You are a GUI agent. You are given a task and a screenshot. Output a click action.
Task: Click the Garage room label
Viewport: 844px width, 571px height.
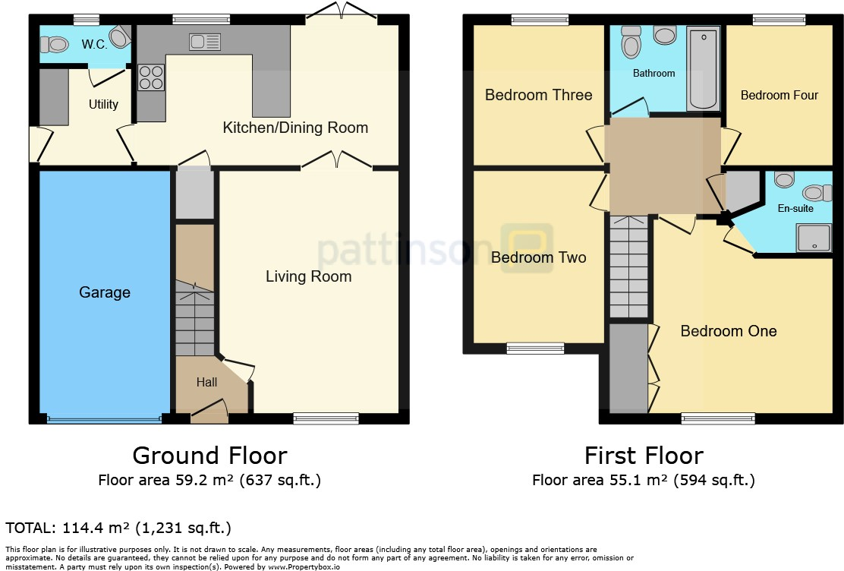click(105, 292)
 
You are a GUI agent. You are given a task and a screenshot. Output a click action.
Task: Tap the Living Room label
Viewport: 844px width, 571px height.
click(308, 276)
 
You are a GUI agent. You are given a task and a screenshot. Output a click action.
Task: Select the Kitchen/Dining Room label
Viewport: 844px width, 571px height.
click(295, 128)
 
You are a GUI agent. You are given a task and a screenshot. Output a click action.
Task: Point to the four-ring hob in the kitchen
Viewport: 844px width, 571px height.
click(151, 77)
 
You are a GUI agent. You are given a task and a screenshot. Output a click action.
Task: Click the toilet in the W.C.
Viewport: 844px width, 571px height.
click(55, 46)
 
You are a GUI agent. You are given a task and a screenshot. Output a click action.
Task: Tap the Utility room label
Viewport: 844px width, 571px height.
click(103, 104)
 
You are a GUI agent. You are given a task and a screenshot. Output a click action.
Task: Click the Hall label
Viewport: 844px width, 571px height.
click(206, 382)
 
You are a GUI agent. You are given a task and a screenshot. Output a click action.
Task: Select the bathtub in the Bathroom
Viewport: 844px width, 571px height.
click(703, 70)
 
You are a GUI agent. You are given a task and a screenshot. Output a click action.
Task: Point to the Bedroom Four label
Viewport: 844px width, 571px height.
click(779, 95)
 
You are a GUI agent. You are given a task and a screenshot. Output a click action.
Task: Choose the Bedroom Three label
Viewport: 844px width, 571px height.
click(538, 95)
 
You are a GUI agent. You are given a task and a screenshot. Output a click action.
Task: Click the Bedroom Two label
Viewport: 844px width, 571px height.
click(538, 257)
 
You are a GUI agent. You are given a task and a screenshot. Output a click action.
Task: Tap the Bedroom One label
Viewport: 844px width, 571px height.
click(728, 331)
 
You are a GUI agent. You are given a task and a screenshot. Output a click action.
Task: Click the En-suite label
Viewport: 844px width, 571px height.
click(796, 208)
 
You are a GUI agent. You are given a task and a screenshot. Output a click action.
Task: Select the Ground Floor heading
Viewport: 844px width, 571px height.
click(209, 456)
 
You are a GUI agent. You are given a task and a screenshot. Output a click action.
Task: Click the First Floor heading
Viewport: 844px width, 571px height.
click(644, 456)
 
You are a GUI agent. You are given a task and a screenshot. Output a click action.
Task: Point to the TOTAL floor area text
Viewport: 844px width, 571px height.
click(118, 528)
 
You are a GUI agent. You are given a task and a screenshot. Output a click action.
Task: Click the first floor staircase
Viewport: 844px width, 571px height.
click(629, 266)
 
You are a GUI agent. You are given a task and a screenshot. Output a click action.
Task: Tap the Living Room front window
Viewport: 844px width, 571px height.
click(326, 417)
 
